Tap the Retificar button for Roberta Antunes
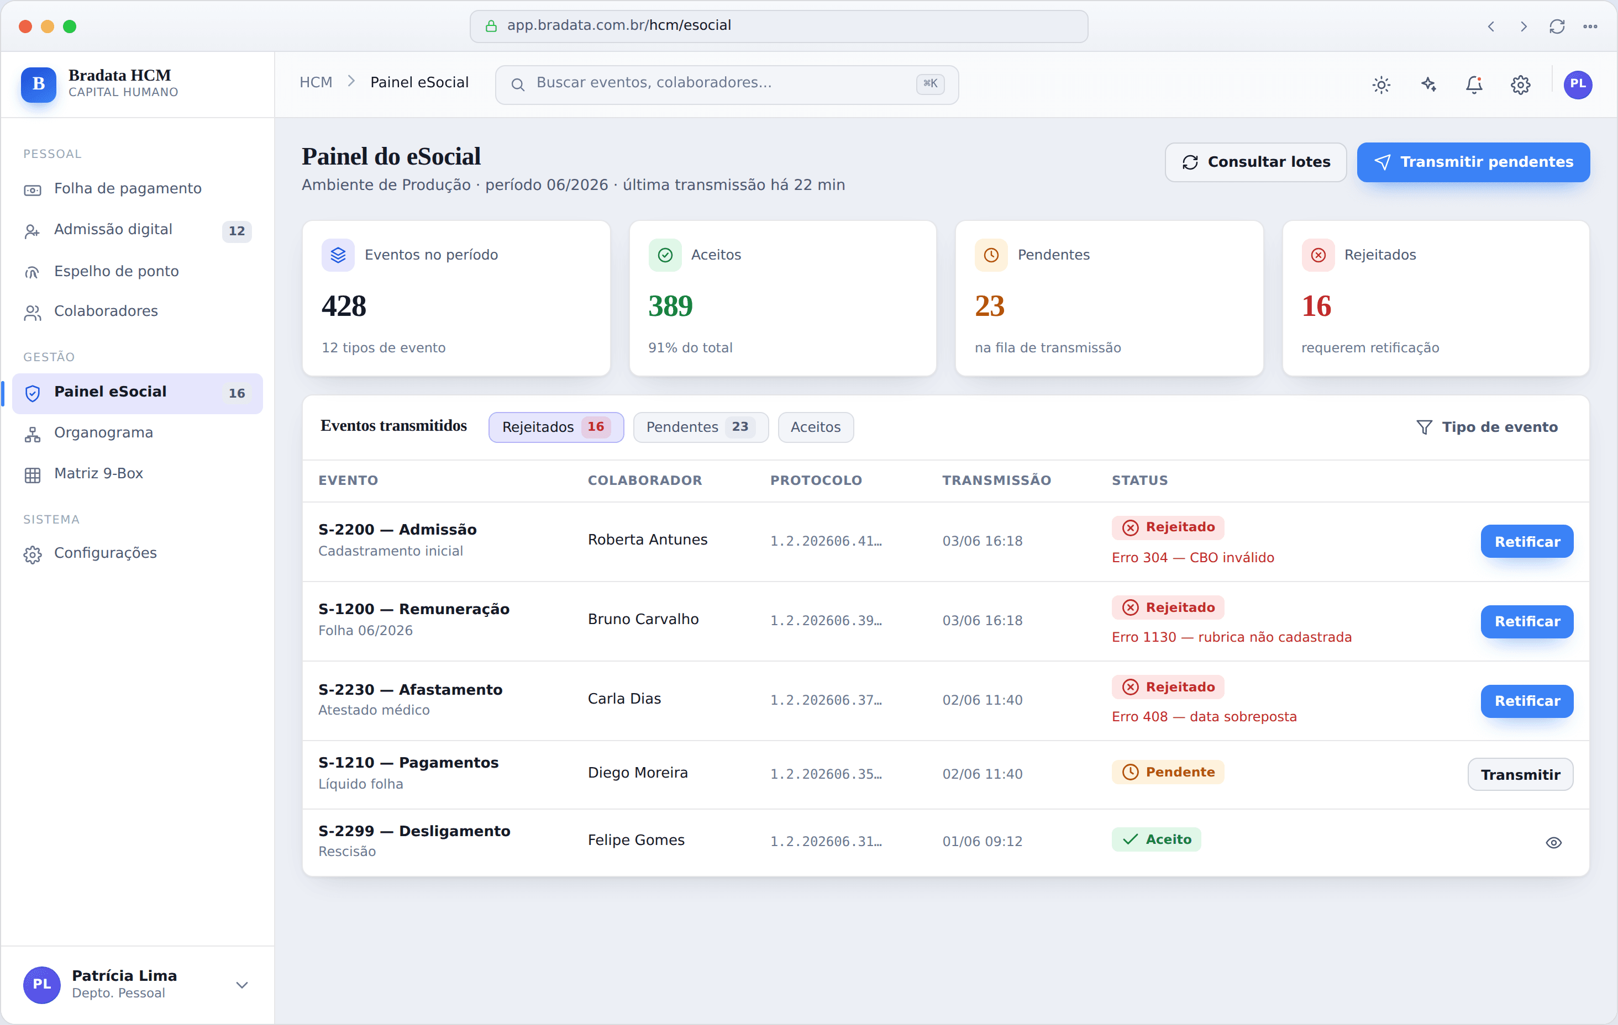1527,541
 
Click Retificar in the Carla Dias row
1527,701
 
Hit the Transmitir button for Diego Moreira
1520,774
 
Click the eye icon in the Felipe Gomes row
1553,842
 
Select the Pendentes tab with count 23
700,427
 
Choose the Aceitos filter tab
816,427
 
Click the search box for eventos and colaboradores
726,84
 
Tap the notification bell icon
1474,84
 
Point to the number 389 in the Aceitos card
670,307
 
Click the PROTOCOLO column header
816,480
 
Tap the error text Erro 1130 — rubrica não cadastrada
1231,637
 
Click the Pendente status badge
1168,772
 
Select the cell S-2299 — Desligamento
414,831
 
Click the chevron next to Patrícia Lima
242,985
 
